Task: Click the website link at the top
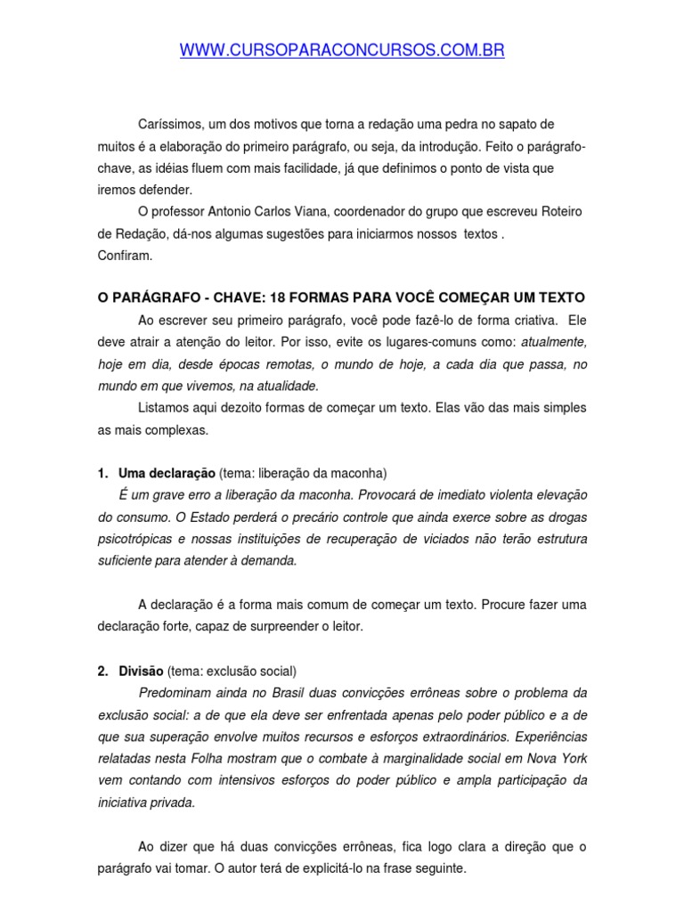tap(342, 52)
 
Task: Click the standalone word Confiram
tap(126, 256)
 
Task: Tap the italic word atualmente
tap(554, 341)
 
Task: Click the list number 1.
tap(102, 473)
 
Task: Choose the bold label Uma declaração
tap(167, 473)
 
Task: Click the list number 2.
tap(102, 671)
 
